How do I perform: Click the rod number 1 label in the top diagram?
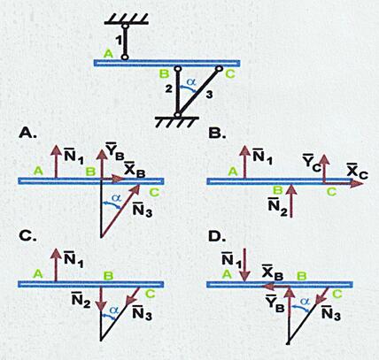pos(119,40)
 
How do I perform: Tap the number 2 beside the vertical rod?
pos(168,88)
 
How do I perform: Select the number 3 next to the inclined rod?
pos(209,95)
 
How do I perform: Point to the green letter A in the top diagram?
pos(109,54)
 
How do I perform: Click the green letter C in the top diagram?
pos(230,73)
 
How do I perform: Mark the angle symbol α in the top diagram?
pos(191,82)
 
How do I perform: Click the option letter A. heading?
pos(27,134)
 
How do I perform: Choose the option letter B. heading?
pos(217,134)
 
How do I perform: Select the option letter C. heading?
pos(27,236)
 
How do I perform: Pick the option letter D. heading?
pos(217,236)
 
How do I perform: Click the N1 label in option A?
pos(73,157)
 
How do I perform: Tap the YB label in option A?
pos(114,151)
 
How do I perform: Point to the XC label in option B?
pos(357,172)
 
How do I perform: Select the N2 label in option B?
pos(278,207)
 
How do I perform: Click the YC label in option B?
pos(312,163)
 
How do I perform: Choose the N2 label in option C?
pos(81,300)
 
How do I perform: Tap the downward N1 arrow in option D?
pos(244,265)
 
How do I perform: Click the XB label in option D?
pos(273,273)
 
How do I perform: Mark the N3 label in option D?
pos(331,313)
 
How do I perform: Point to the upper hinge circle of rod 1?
pos(125,26)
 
